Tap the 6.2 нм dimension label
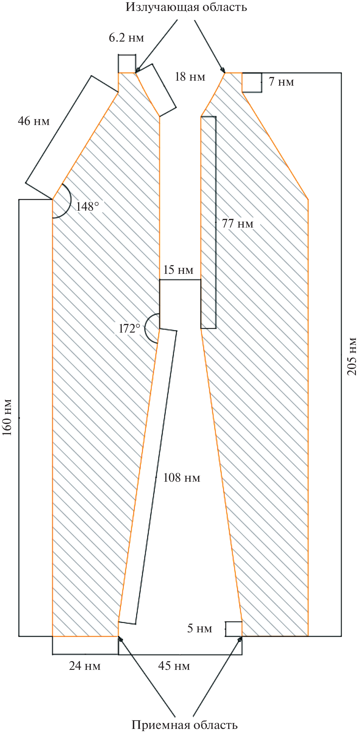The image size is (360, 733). click(x=127, y=38)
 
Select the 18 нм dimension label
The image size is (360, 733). click(x=190, y=77)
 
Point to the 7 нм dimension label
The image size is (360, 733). click(x=281, y=82)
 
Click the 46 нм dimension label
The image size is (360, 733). click(x=34, y=121)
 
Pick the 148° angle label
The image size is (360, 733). click(x=87, y=206)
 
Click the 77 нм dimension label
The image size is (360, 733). click(x=237, y=223)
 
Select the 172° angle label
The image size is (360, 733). click(x=129, y=328)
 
